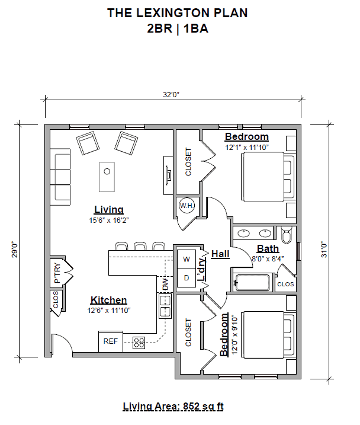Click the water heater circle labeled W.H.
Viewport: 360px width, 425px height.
(x=187, y=206)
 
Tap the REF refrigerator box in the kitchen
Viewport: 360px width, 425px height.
(x=111, y=341)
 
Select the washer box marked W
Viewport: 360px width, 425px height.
(x=185, y=259)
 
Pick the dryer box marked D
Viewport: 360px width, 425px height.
(x=185, y=277)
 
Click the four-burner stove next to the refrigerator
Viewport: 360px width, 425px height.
(x=139, y=342)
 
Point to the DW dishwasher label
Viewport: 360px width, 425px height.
(x=165, y=285)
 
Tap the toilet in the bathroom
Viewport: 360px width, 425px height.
(x=287, y=236)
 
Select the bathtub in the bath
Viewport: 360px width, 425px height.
(x=255, y=283)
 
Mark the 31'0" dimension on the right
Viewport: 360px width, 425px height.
(x=323, y=249)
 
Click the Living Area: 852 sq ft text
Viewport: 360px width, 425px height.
(x=173, y=407)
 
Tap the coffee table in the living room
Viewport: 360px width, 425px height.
(x=107, y=176)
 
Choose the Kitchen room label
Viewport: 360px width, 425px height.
(x=108, y=300)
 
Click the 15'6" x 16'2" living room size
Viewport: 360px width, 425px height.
(x=108, y=220)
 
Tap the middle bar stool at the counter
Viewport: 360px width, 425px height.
(x=140, y=246)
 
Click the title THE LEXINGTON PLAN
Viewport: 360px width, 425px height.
(x=177, y=13)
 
